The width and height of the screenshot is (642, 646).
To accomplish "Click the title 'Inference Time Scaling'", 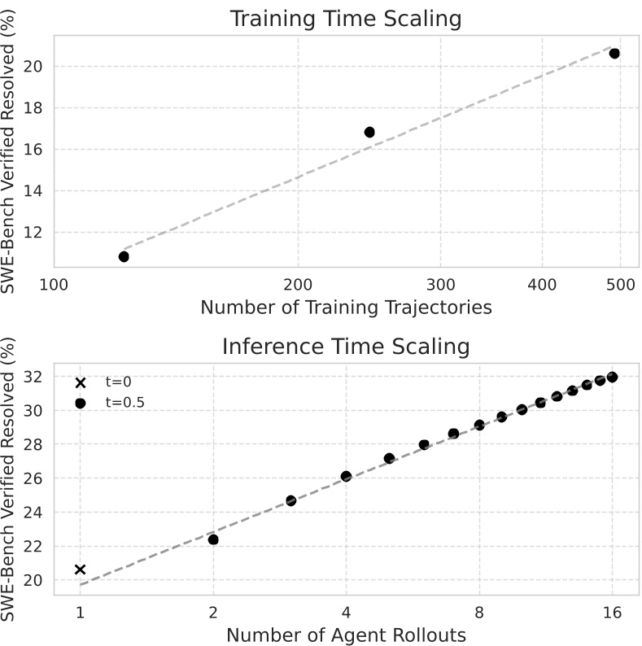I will coord(346,347).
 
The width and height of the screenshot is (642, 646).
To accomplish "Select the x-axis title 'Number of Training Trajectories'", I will coord(346,308).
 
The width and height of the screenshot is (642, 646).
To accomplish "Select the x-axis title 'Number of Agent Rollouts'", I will coord(346,635).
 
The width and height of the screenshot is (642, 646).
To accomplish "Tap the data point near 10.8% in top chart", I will coord(124,256).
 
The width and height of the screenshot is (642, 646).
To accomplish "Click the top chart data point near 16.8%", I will coord(369,132).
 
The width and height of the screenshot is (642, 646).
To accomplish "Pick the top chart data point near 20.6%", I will coord(614,53).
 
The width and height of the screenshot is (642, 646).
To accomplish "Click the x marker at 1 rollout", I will coord(80,570).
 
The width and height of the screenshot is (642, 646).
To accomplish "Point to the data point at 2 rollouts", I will coord(213,539).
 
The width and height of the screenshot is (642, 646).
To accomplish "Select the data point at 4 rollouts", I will coord(346,476).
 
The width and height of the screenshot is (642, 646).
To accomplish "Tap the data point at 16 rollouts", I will coord(612,377).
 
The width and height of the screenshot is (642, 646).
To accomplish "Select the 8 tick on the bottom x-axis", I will coord(479,611).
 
